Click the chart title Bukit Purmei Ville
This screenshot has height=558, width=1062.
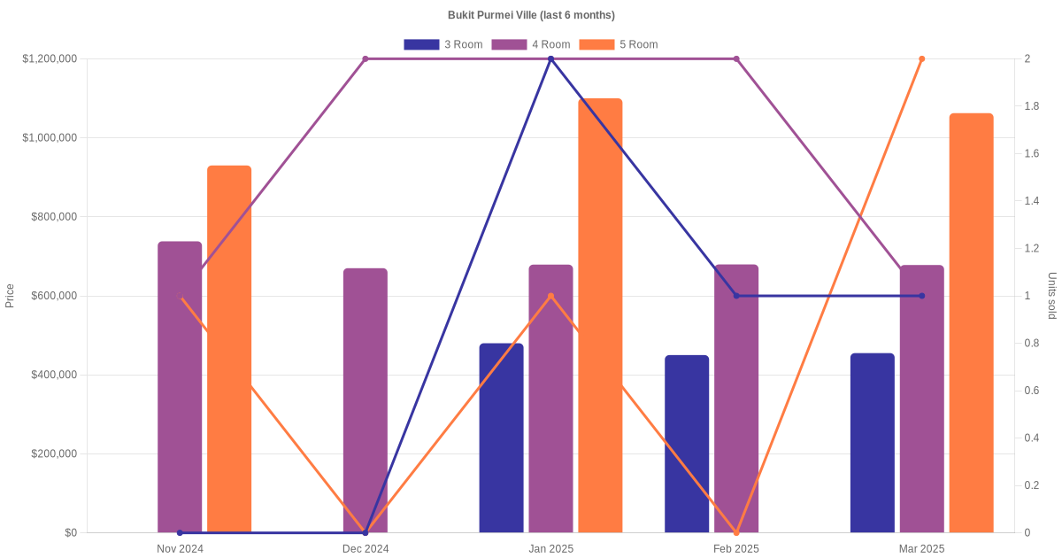[531, 15]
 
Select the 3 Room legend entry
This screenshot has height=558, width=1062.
[442, 44]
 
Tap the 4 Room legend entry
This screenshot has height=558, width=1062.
[530, 44]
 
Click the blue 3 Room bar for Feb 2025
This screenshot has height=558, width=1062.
[687, 444]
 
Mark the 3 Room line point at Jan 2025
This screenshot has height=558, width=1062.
[550, 59]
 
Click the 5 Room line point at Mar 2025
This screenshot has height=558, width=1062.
[921, 59]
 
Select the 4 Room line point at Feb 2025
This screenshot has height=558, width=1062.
[736, 59]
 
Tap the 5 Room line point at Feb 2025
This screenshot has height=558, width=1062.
[736, 532]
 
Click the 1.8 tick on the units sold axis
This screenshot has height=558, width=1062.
[1032, 106]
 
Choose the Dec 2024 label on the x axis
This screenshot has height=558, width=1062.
[366, 549]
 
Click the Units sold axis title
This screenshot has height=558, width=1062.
[1051, 296]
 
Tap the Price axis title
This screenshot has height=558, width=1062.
[10, 296]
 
